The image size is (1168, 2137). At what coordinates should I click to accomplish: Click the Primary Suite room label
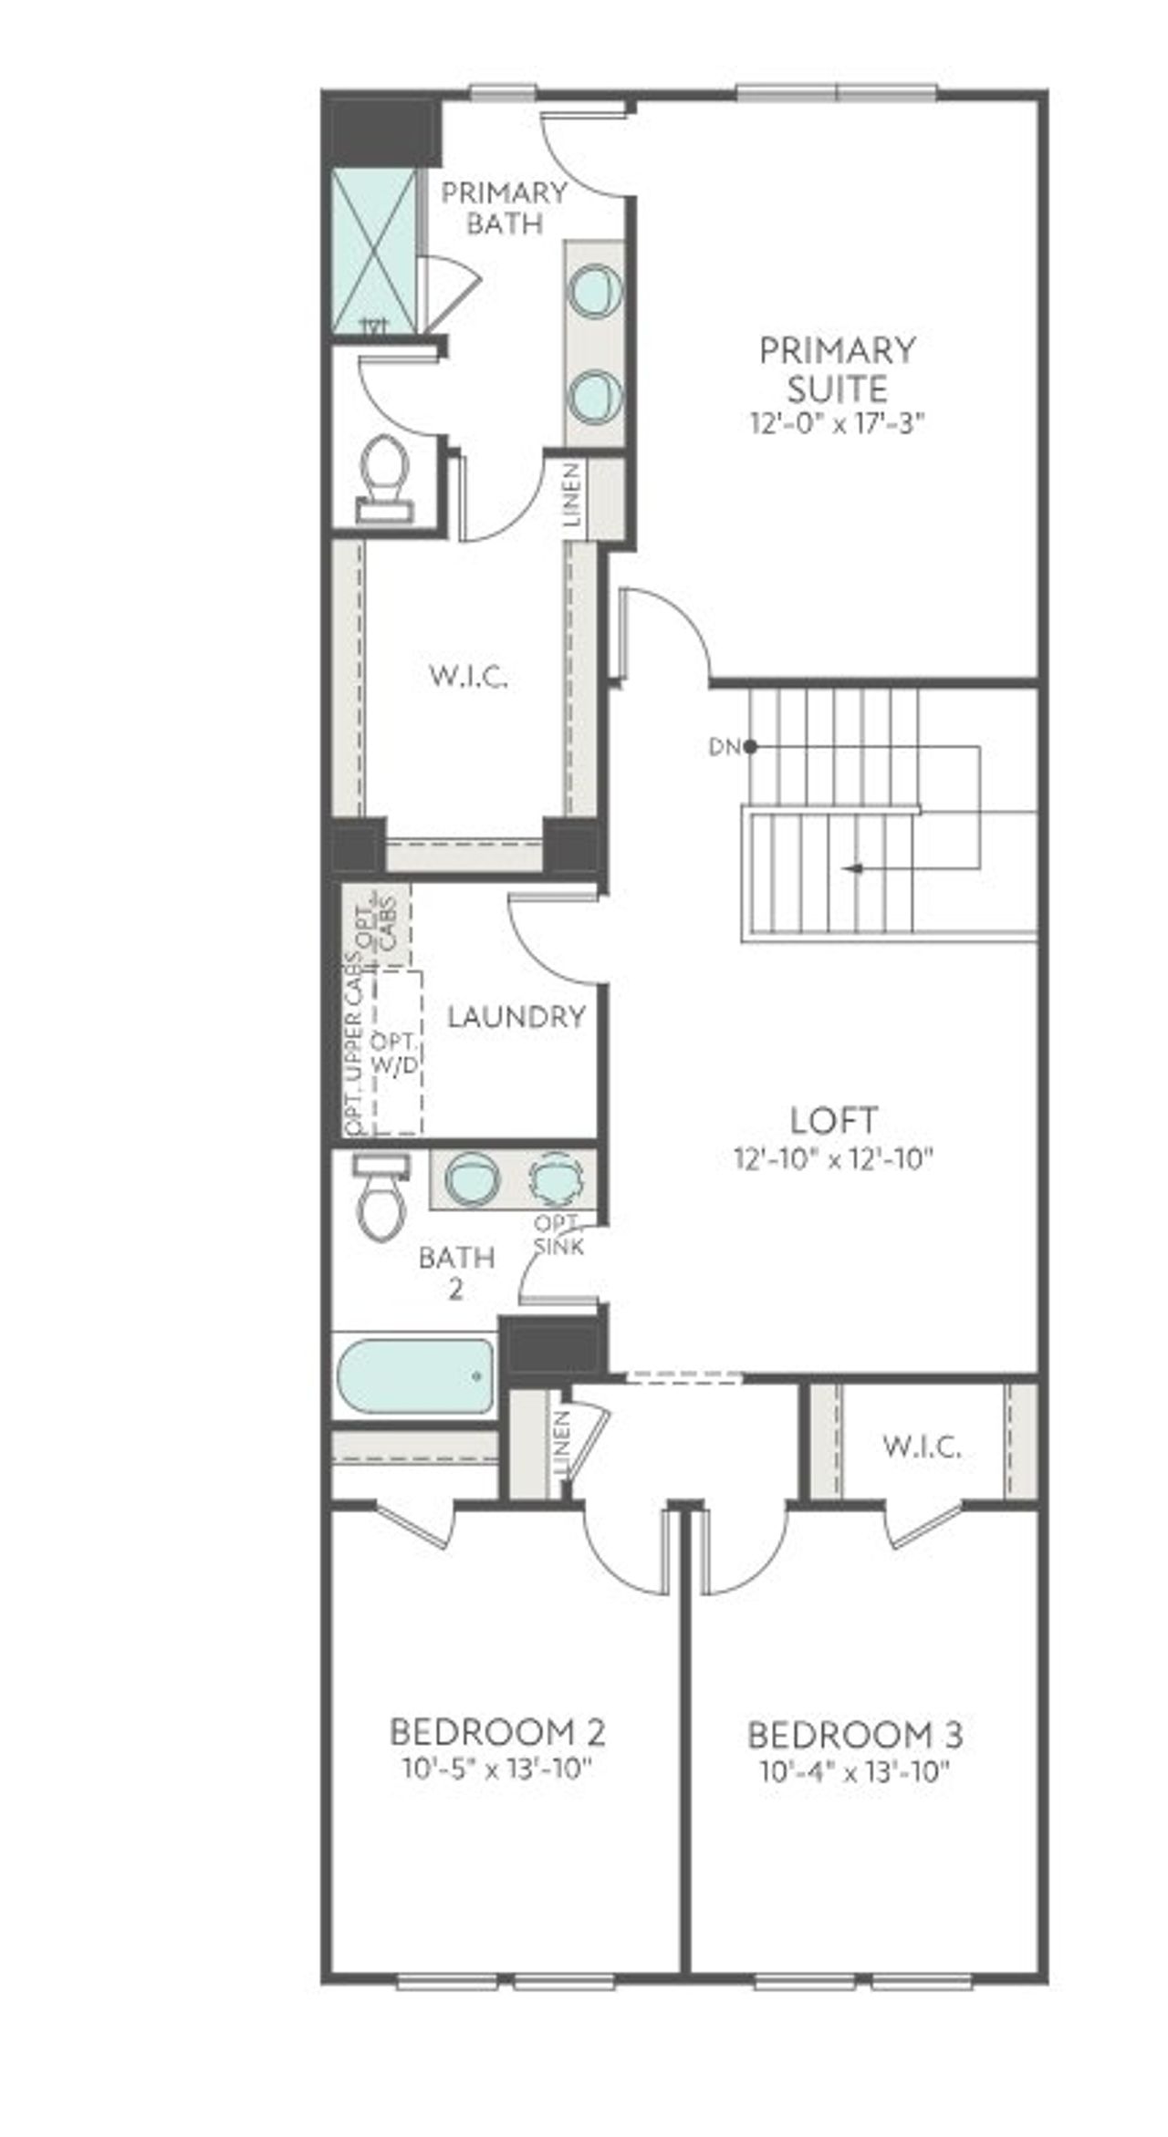click(x=837, y=369)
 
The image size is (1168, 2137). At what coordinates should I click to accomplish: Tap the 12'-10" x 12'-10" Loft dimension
click(x=834, y=1159)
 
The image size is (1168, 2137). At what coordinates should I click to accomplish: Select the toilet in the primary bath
click(x=384, y=476)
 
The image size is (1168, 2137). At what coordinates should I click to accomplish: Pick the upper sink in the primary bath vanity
click(x=595, y=292)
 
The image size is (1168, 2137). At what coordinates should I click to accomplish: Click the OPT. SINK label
click(x=558, y=1235)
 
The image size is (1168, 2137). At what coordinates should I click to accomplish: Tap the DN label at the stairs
click(x=724, y=747)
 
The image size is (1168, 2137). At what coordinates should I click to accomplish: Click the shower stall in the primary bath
click(x=372, y=251)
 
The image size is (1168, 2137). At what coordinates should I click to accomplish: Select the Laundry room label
click(x=516, y=1017)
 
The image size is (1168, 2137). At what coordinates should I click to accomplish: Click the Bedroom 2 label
click(x=497, y=1730)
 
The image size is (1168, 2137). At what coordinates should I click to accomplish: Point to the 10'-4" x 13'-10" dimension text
click(x=855, y=1772)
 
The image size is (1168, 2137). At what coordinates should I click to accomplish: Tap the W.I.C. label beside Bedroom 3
click(x=922, y=1446)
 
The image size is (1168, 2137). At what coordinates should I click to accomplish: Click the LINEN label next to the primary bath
click(x=572, y=496)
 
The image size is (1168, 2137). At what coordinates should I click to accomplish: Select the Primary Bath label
click(x=504, y=208)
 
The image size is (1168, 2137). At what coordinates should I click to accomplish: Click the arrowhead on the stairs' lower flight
click(x=852, y=868)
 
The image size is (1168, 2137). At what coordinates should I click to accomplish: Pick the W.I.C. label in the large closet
click(x=468, y=677)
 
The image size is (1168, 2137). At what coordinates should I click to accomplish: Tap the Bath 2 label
click(x=456, y=1272)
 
